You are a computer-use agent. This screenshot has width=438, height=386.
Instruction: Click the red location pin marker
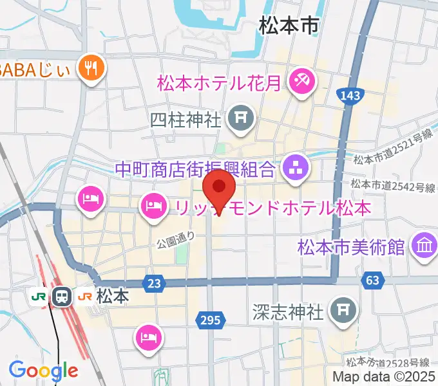(219, 188)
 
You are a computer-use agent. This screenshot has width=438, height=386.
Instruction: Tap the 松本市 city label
(289, 26)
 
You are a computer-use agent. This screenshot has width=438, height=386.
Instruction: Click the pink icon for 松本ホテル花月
(301, 82)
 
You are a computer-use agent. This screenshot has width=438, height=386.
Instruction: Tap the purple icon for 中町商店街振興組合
(296, 169)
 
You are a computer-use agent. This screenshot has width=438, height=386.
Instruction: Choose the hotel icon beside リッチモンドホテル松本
(153, 206)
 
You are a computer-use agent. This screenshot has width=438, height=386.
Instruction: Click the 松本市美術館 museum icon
(424, 247)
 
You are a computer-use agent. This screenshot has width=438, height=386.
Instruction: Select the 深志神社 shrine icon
(341, 312)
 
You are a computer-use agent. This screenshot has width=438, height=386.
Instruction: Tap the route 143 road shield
(348, 95)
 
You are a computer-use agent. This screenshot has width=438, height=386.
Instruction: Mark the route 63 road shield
(372, 280)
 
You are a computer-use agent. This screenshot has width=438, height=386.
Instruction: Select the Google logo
(43, 370)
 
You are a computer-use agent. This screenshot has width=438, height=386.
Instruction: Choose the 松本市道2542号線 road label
(392, 187)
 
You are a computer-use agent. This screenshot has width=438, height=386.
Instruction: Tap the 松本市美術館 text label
(351, 247)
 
